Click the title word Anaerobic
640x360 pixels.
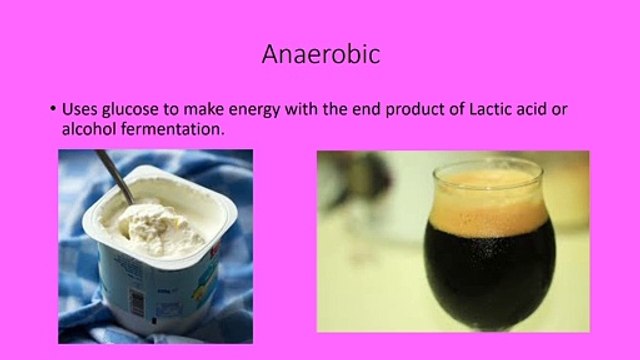click(321, 54)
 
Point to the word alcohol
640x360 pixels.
click(89, 129)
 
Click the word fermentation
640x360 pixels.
click(173, 129)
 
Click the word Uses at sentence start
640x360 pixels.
click(79, 109)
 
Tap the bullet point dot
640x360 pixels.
click(53, 109)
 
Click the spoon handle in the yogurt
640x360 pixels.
click(114, 176)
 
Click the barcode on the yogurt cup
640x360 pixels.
click(136, 301)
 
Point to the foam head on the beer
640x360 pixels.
click(490, 201)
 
